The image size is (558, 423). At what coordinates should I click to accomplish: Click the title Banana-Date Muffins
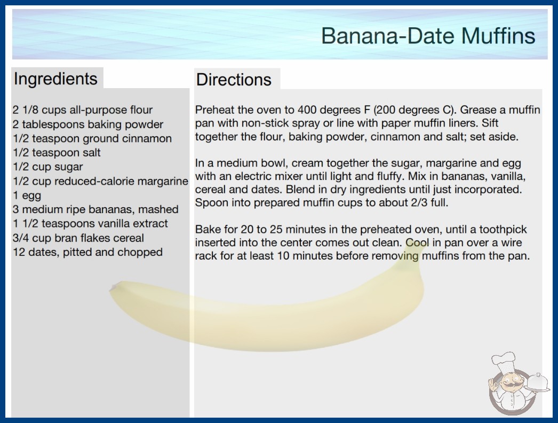pos(428,36)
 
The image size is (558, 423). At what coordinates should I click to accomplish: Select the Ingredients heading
pos(55,79)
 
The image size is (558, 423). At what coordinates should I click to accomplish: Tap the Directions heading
pos(234,80)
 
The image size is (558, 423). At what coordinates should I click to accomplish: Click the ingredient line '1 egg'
pos(27,195)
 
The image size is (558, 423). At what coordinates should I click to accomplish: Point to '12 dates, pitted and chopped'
pos(87,252)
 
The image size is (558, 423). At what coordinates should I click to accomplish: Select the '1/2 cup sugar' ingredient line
pos(47,167)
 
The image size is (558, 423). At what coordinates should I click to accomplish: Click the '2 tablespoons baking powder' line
pos(88,124)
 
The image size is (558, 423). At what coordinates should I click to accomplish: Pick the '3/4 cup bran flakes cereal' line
pos(78,238)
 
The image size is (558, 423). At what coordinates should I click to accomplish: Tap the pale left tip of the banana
pos(114,287)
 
